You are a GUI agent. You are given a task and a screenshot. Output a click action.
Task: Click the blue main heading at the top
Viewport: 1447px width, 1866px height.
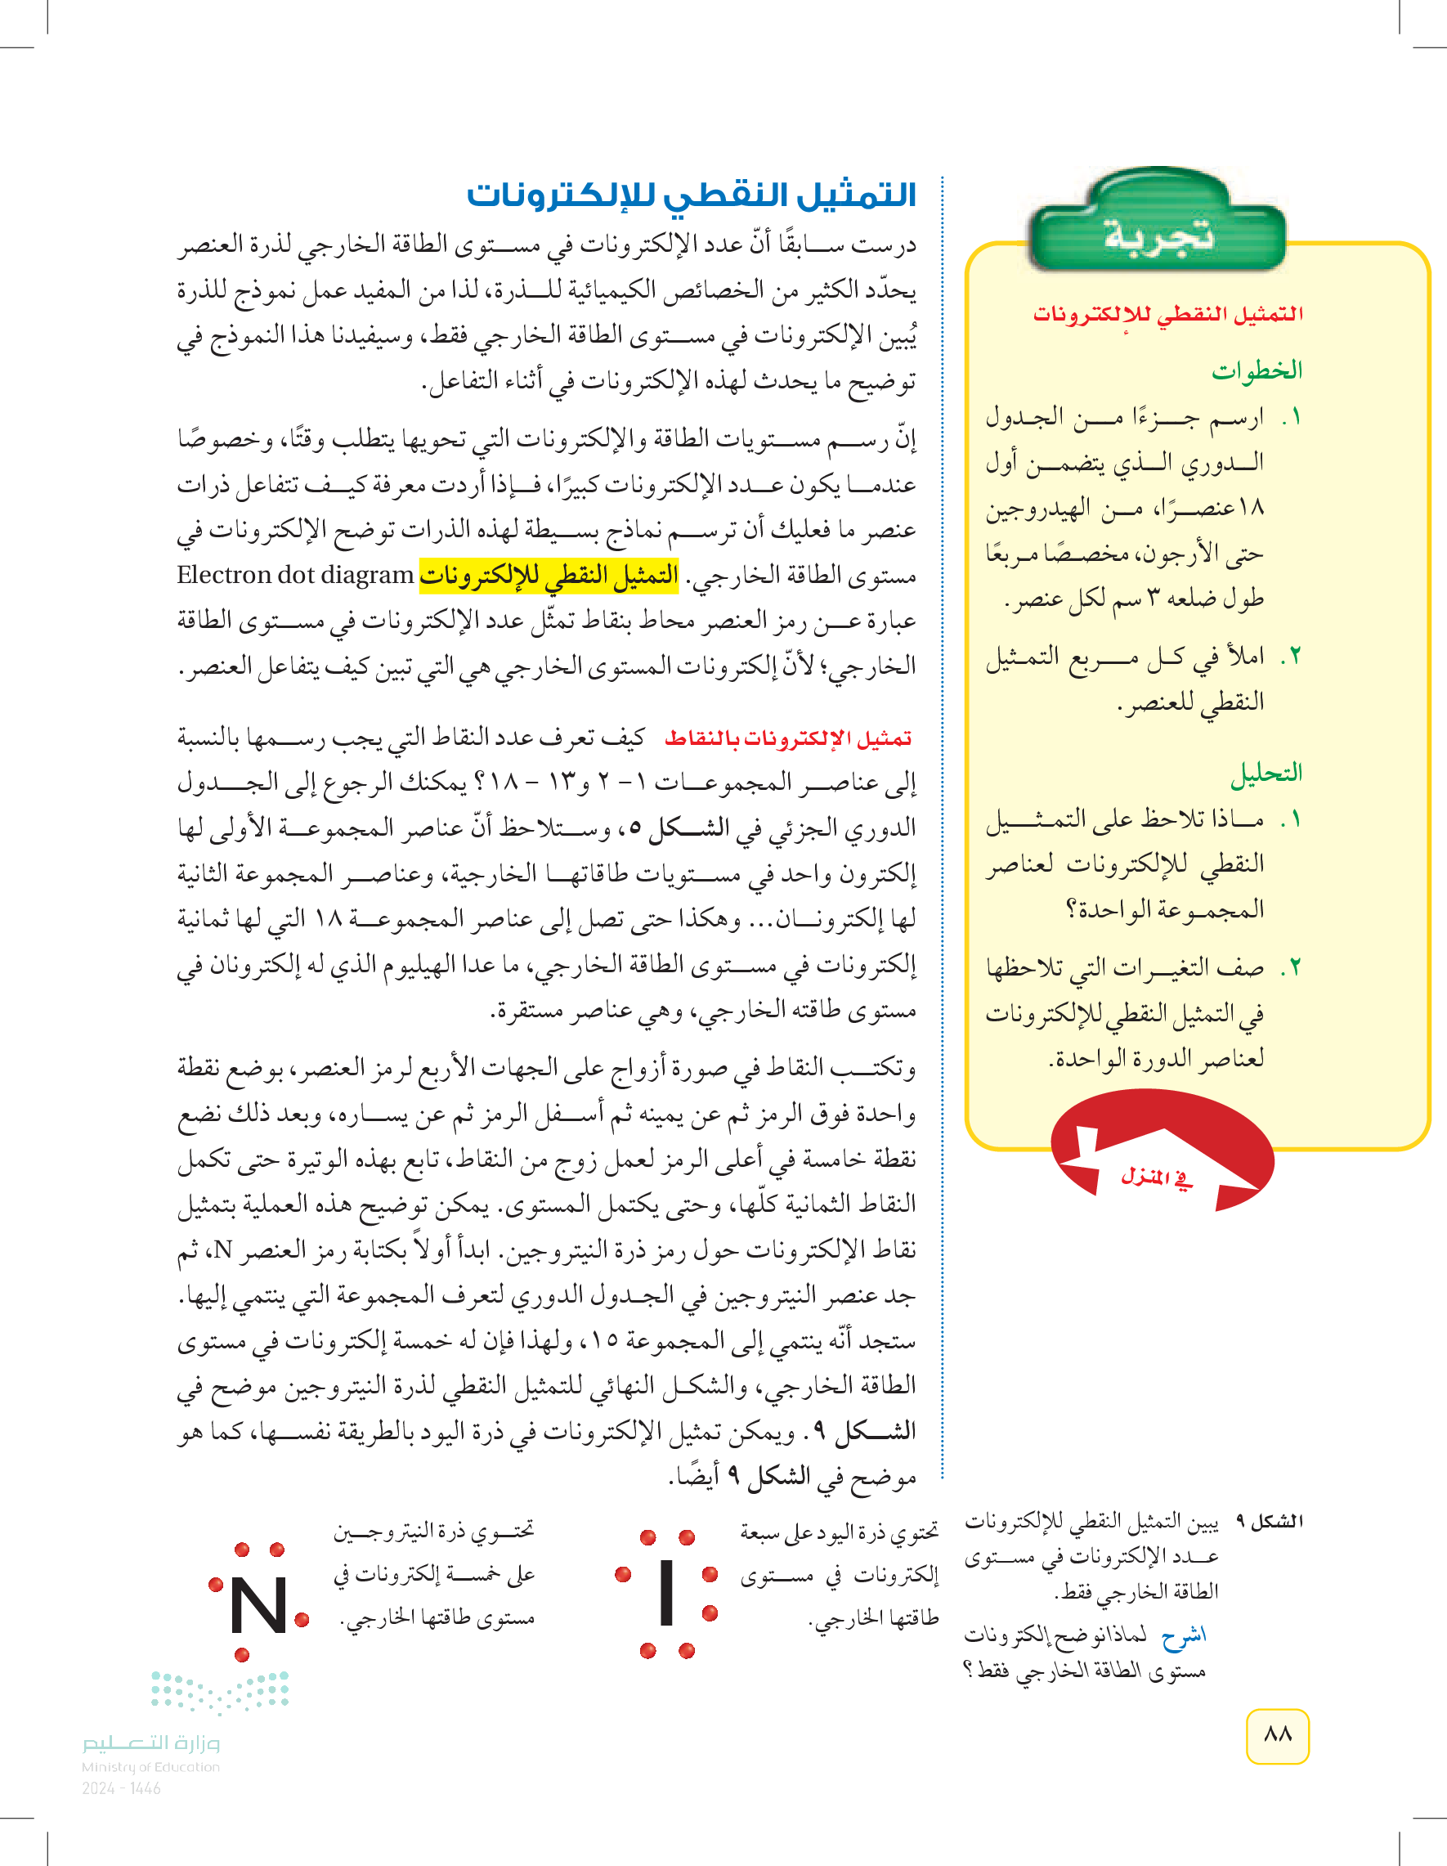691,196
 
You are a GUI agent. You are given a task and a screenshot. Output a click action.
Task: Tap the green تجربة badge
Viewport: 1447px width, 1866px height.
1158,234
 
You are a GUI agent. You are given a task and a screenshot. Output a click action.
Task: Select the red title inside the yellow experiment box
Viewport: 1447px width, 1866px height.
1167,315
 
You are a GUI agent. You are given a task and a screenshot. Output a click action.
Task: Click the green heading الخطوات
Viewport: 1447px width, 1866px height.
1257,370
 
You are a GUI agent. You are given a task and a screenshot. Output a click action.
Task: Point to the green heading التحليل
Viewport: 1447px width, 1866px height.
1266,774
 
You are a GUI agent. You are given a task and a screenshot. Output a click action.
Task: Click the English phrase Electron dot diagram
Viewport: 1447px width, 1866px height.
296,575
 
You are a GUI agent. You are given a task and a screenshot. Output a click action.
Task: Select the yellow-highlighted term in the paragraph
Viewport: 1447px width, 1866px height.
549,575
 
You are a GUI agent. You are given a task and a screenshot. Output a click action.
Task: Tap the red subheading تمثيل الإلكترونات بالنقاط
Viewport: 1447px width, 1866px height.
788,738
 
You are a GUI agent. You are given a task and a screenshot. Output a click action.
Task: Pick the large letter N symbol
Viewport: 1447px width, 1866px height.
259,1606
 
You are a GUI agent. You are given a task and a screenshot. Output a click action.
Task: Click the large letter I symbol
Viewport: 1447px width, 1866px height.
667,1592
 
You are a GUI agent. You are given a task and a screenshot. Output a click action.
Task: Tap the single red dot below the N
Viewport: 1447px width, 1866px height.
242,1655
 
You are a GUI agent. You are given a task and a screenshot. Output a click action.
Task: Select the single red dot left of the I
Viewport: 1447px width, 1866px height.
623,1574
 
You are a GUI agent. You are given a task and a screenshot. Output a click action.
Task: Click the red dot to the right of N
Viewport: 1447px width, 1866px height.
301,1618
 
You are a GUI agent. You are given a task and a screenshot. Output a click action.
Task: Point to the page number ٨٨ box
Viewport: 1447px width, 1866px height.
1277,1734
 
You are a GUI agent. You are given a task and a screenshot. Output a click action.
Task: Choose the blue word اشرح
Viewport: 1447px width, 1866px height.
1183,1635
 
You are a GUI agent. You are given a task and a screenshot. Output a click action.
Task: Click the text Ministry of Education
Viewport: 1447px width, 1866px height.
150,1767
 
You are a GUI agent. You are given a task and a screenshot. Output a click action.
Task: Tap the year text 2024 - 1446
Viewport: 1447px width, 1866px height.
121,1788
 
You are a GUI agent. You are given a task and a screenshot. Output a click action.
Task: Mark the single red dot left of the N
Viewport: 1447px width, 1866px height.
216,1585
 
